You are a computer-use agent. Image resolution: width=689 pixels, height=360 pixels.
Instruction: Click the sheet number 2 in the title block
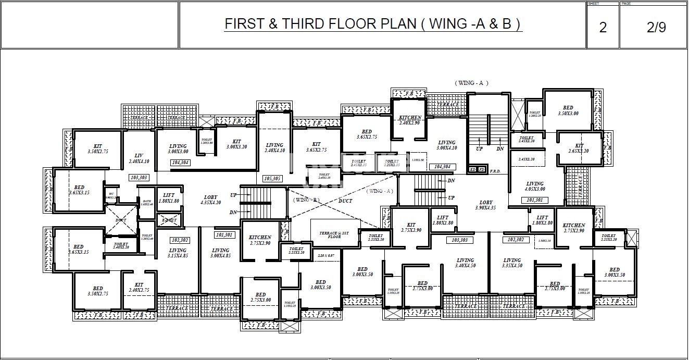(x=603, y=28)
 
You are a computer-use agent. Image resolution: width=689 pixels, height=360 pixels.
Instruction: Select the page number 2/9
(x=656, y=28)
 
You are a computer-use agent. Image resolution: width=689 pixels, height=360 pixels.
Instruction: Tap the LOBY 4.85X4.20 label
(x=211, y=200)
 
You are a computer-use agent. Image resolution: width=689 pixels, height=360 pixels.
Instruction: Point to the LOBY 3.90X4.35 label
(x=485, y=205)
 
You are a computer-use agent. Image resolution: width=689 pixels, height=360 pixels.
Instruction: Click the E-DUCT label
(x=169, y=220)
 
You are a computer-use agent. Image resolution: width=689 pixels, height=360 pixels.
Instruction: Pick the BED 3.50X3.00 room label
(x=568, y=110)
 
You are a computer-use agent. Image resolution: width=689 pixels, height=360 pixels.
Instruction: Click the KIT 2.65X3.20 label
(x=579, y=148)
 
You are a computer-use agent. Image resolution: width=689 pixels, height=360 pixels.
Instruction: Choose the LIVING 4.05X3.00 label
(x=534, y=187)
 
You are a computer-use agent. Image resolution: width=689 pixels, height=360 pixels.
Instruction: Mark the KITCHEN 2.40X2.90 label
(x=410, y=120)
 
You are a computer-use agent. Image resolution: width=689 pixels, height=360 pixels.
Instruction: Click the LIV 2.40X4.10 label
(x=139, y=158)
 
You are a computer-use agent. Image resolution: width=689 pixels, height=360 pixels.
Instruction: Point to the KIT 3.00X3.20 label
(x=236, y=144)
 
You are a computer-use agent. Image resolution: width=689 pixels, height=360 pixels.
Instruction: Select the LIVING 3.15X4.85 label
(x=177, y=253)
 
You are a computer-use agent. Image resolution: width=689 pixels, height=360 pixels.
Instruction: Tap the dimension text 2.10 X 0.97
(x=325, y=256)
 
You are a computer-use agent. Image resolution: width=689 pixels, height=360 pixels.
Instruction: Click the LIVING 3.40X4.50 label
(x=465, y=263)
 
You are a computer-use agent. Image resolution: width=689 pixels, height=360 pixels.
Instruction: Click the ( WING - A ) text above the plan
(x=471, y=83)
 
